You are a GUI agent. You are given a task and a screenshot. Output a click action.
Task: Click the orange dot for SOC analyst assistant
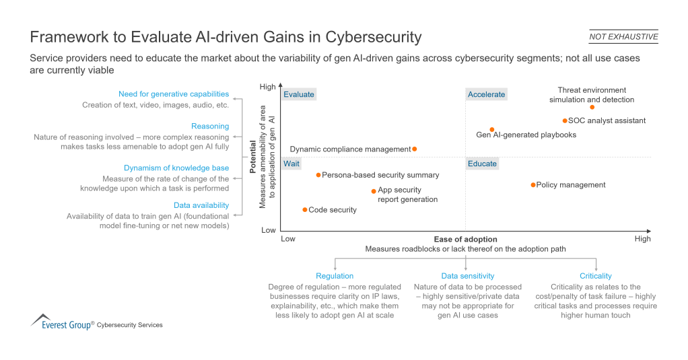pyautogui.click(x=565, y=121)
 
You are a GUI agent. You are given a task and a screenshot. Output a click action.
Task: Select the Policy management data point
pyautogui.click(x=533, y=185)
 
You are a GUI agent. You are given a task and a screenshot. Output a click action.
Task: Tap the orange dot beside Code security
pyautogui.click(x=305, y=210)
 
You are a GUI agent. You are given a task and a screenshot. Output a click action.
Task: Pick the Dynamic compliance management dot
pyautogui.click(x=415, y=149)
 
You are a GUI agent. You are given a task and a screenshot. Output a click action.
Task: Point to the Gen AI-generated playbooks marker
pyautogui.click(x=492, y=130)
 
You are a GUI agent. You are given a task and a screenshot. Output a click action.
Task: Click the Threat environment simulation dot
pyautogui.click(x=592, y=108)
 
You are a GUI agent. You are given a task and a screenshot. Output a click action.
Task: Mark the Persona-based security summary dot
pyautogui.click(x=318, y=175)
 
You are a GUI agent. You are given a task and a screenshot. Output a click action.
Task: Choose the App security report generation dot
pyautogui.click(x=374, y=191)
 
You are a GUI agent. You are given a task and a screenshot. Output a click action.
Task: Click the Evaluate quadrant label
pyautogui.click(x=299, y=95)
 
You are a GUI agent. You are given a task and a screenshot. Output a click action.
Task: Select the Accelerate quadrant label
pyautogui.click(x=486, y=95)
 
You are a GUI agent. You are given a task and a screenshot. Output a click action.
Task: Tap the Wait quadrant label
pyautogui.click(x=291, y=164)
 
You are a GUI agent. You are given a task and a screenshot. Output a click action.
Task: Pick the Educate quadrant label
pyautogui.click(x=482, y=164)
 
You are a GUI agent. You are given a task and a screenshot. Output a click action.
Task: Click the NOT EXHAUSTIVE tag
pyautogui.click(x=623, y=37)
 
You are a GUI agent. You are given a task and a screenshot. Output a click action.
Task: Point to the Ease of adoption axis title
pyautogui.click(x=465, y=240)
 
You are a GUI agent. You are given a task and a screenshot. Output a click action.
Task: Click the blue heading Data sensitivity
pyautogui.click(x=467, y=276)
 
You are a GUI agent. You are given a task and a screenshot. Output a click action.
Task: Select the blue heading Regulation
pyautogui.click(x=335, y=276)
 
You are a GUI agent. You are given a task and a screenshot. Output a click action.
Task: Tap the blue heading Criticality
pyautogui.click(x=596, y=276)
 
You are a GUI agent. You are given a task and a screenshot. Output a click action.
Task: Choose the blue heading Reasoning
pyautogui.click(x=210, y=127)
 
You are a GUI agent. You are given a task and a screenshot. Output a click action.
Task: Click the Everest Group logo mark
pyautogui.click(x=41, y=320)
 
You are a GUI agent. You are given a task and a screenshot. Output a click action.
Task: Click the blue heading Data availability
pyautogui.click(x=201, y=205)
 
